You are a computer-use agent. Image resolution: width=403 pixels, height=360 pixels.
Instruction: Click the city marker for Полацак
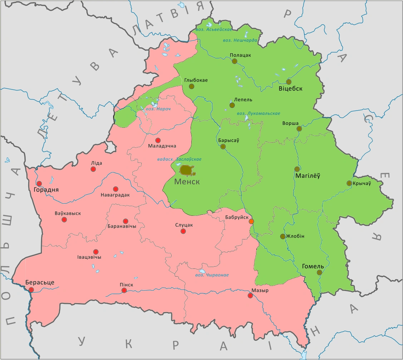pos(235,61)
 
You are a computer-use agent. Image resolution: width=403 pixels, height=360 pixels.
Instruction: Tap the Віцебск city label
pos(290,89)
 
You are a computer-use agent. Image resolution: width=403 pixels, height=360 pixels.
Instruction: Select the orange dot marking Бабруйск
pos(251,222)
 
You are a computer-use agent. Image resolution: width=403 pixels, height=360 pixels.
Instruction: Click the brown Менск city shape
pos(187,170)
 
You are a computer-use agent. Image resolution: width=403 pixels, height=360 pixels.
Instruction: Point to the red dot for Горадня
pos(39,183)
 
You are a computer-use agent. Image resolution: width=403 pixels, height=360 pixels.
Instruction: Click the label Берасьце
pos(40,282)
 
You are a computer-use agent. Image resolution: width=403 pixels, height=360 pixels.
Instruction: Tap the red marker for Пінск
pos(124,290)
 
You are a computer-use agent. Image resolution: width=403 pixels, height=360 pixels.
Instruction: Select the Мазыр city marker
pos(250,296)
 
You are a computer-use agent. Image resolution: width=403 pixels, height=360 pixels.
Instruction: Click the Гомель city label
pos(313,266)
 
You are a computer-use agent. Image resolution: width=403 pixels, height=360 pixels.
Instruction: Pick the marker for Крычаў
pos(349,183)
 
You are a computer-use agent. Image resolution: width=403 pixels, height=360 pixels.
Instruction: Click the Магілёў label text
pos(308,176)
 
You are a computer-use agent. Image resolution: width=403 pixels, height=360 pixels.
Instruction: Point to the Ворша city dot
pos(299,129)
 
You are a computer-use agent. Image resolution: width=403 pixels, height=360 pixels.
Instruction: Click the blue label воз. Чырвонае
pos(212,275)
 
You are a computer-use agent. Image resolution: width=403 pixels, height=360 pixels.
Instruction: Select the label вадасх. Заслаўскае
pos(179,159)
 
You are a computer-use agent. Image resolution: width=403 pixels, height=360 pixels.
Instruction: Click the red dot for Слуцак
pos(183,231)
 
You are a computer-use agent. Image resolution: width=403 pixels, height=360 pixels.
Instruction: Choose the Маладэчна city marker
pos(158,140)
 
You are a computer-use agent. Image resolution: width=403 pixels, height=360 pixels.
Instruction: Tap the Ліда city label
pos(97,163)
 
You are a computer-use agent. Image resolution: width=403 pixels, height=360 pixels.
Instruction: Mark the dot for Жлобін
pos(282,236)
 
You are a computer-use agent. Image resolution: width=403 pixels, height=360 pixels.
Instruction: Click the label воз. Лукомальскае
pos(258,113)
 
